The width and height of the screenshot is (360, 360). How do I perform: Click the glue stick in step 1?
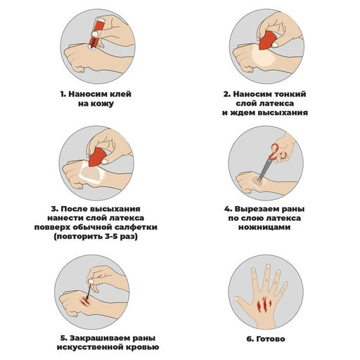coord(96,34)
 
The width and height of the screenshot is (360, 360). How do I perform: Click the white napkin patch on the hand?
coord(91,174)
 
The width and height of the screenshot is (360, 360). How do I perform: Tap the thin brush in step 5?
coord(89,291)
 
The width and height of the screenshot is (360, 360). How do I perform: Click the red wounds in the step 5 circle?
coord(84,302)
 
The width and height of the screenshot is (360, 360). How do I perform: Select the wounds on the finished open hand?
coord(264,304)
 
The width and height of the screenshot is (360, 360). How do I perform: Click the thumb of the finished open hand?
coord(243,303)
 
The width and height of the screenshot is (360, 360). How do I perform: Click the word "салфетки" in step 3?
coord(136,227)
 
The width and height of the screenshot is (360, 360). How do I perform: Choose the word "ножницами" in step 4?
coord(264,227)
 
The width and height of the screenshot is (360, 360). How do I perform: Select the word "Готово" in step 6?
coord(271,339)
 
